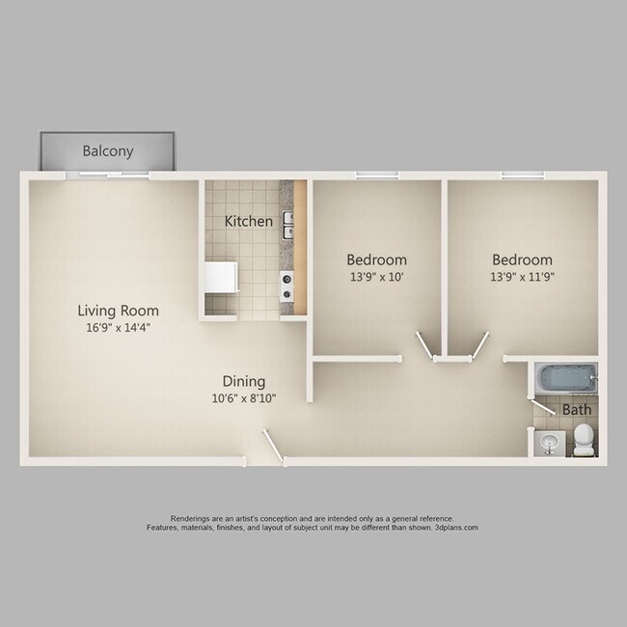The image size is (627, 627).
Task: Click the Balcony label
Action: [107, 151]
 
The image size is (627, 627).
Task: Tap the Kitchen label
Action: [248, 221]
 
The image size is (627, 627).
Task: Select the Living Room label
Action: [119, 311]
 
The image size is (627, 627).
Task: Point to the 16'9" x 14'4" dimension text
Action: [119, 328]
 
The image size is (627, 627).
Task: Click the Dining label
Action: [243, 381]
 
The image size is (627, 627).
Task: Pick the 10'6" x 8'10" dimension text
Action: [243, 398]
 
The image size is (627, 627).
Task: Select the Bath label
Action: [576, 409]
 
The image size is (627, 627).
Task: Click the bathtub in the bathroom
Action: [564, 379]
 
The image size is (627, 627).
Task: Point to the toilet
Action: [583, 443]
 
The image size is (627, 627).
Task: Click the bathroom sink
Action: [550, 443]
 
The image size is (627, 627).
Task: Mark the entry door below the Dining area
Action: [275, 448]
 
